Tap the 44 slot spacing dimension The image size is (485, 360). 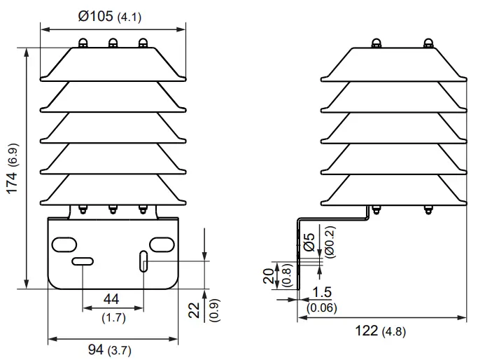[111, 299]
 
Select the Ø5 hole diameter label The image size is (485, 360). [309, 242]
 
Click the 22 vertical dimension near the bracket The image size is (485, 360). [195, 310]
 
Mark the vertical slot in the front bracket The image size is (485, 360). [143, 261]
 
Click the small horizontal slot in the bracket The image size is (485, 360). [83, 261]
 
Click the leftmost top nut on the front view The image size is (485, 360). [82, 43]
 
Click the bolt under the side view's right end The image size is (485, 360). [428, 208]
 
